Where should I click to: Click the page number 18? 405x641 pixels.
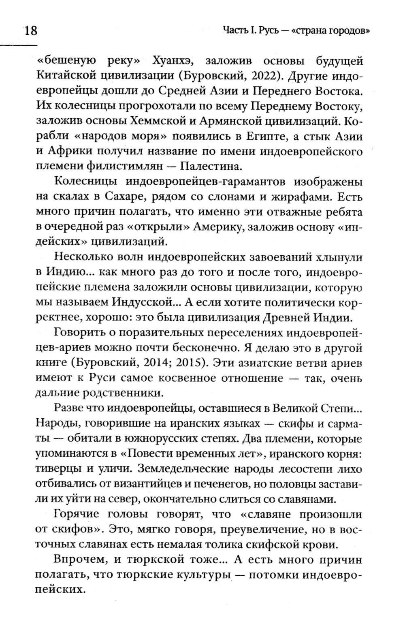tap(30, 31)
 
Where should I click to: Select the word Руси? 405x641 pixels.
tap(102, 377)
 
